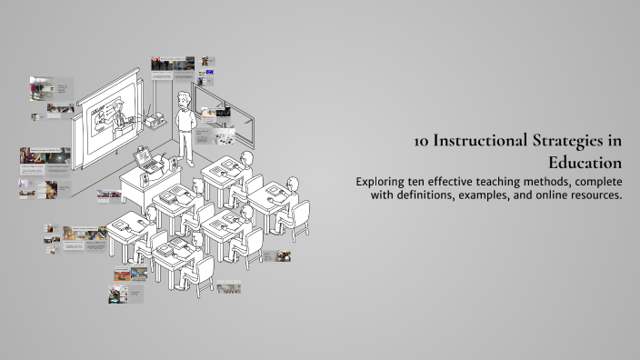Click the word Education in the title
[585, 163]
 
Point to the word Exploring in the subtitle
[384, 182]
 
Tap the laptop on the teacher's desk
[145, 161]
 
